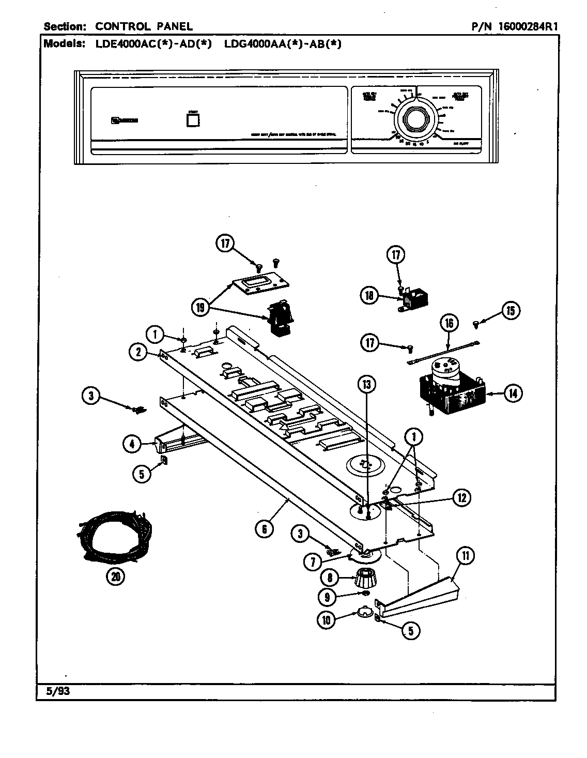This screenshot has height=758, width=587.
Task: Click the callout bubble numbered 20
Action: pos(115,576)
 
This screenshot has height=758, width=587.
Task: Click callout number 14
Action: pos(512,393)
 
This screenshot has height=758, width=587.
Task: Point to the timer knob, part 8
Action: pos(366,577)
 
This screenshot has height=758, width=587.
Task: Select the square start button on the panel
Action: pos(193,120)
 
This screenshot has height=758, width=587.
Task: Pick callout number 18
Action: pos(369,296)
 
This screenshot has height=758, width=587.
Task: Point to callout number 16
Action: pos(449,323)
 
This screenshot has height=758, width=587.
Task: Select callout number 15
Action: pos(510,310)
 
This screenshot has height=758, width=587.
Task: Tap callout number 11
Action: pos(466,556)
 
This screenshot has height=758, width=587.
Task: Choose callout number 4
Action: pos(132,443)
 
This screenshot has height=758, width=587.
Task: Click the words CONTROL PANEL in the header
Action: pos(144,26)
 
